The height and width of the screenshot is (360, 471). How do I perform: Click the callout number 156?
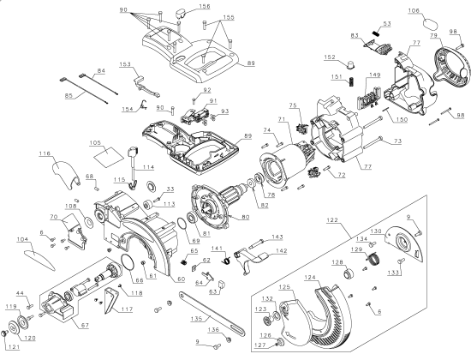tap(204, 6)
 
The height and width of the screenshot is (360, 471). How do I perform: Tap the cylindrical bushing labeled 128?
tap(349, 274)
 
